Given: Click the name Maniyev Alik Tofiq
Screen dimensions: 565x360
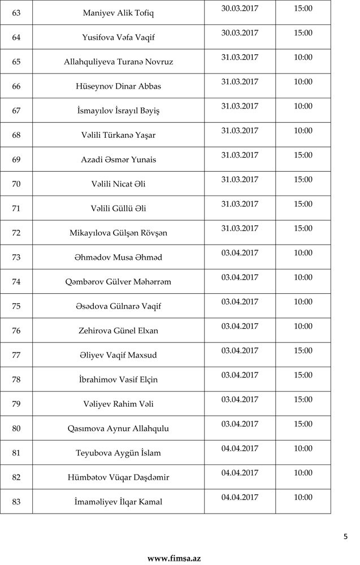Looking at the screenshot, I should [118, 13].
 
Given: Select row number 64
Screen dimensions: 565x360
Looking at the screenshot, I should [16, 37].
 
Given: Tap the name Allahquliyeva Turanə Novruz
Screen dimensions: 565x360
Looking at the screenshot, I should [118, 62].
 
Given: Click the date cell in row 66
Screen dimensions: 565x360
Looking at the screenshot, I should [240, 82].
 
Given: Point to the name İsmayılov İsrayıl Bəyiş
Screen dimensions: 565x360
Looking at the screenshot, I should [118, 111].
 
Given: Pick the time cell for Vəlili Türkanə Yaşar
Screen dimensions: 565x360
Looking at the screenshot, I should [303, 131].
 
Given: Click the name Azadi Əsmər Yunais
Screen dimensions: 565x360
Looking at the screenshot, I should [118, 160].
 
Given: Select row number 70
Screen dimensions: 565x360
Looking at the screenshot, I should [16, 184].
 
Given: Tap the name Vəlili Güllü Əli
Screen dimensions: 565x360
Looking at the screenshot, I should [118, 208].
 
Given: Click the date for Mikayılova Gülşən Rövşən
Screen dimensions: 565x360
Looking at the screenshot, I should [240, 229].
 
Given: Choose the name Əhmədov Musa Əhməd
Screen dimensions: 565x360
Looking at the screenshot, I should [118, 258].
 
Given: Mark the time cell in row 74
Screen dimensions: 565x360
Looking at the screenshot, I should [303, 277].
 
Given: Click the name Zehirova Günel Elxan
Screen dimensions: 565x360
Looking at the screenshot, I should [118, 331].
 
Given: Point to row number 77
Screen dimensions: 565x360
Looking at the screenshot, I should [16, 355].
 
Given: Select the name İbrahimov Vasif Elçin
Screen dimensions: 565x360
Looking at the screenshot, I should [118, 380].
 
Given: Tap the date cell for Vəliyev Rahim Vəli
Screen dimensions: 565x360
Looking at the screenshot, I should [240, 399].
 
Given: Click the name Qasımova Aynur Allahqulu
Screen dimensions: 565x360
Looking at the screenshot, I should [118, 428].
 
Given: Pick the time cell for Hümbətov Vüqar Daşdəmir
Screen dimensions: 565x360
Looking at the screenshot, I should [303, 473].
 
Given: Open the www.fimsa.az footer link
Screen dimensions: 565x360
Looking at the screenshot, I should [174, 558].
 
